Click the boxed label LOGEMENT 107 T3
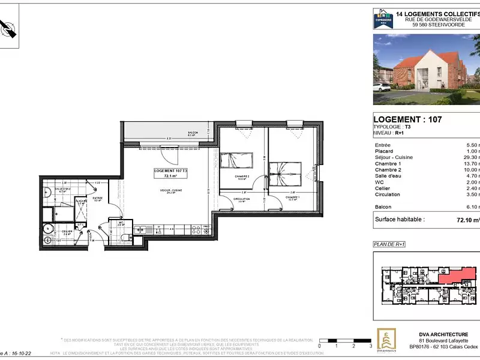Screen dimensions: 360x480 (171, 173)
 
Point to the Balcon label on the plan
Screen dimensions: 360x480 (193, 134)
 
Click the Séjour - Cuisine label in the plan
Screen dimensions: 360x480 (171, 193)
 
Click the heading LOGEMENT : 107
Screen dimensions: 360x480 (408, 119)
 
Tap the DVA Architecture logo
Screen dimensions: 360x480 (385, 339)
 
